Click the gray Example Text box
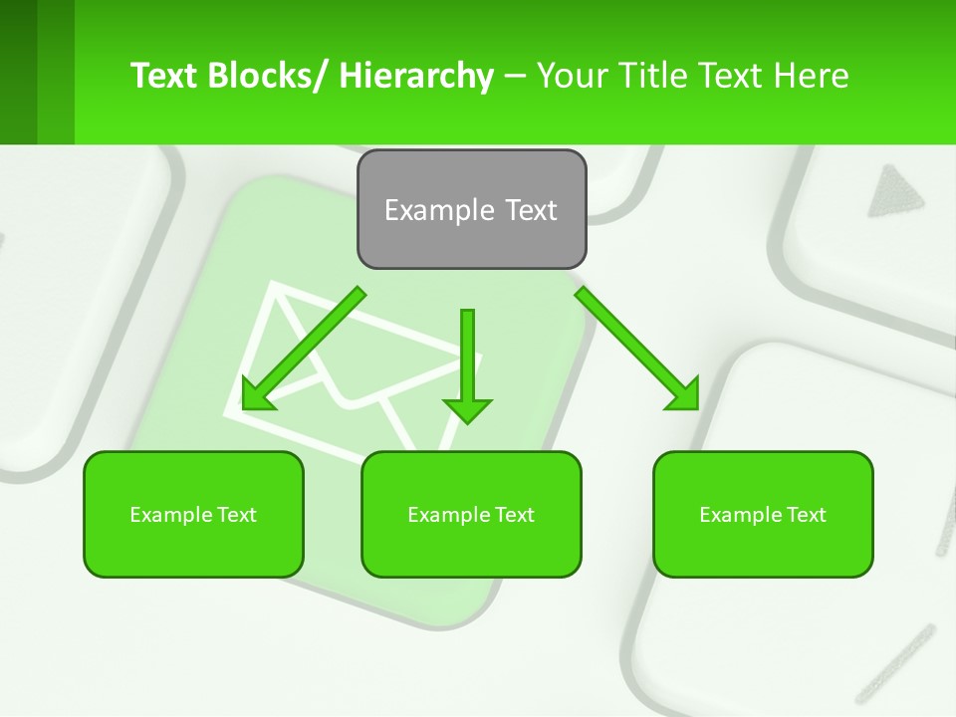(471, 209)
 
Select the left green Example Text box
(193, 515)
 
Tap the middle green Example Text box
(471, 515)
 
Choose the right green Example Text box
(763, 515)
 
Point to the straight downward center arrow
(467, 358)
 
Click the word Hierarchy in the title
(416, 76)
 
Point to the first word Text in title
(165, 76)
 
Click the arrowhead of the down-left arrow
(257, 394)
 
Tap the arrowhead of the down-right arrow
(683, 394)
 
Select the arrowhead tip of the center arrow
(467, 418)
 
